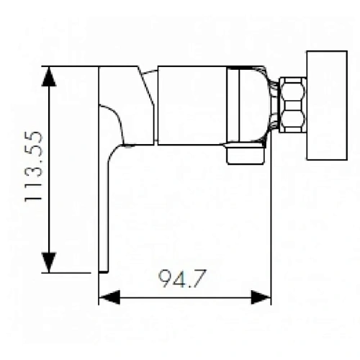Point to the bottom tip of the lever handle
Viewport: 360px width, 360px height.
pyautogui.click(x=102, y=270)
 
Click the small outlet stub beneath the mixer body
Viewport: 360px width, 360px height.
pyautogui.click(x=245, y=155)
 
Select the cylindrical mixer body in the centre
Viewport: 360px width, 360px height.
pyautogui.click(x=192, y=105)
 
